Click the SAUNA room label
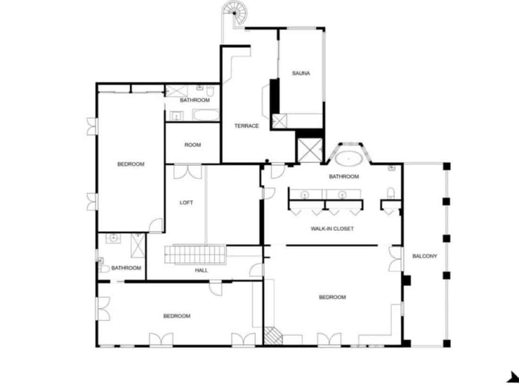pos(301,73)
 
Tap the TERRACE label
pos(247,126)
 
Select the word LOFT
pos(186,203)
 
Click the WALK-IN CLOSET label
pos(332,229)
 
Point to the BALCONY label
pos(425,257)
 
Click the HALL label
pos(201,271)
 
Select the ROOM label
pos(193,145)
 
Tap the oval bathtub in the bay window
pos(349,158)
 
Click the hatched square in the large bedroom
pos(272,335)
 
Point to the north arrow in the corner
pos(512,377)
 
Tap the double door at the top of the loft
pos(188,172)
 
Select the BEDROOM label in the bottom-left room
pos(177,316)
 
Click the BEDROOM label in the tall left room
pos(131,164)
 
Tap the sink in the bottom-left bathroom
pos(114,239)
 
